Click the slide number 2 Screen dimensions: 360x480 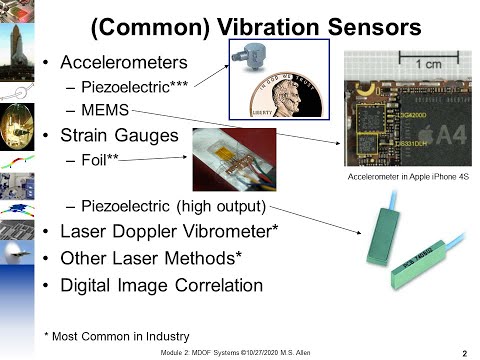pos(464,352)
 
